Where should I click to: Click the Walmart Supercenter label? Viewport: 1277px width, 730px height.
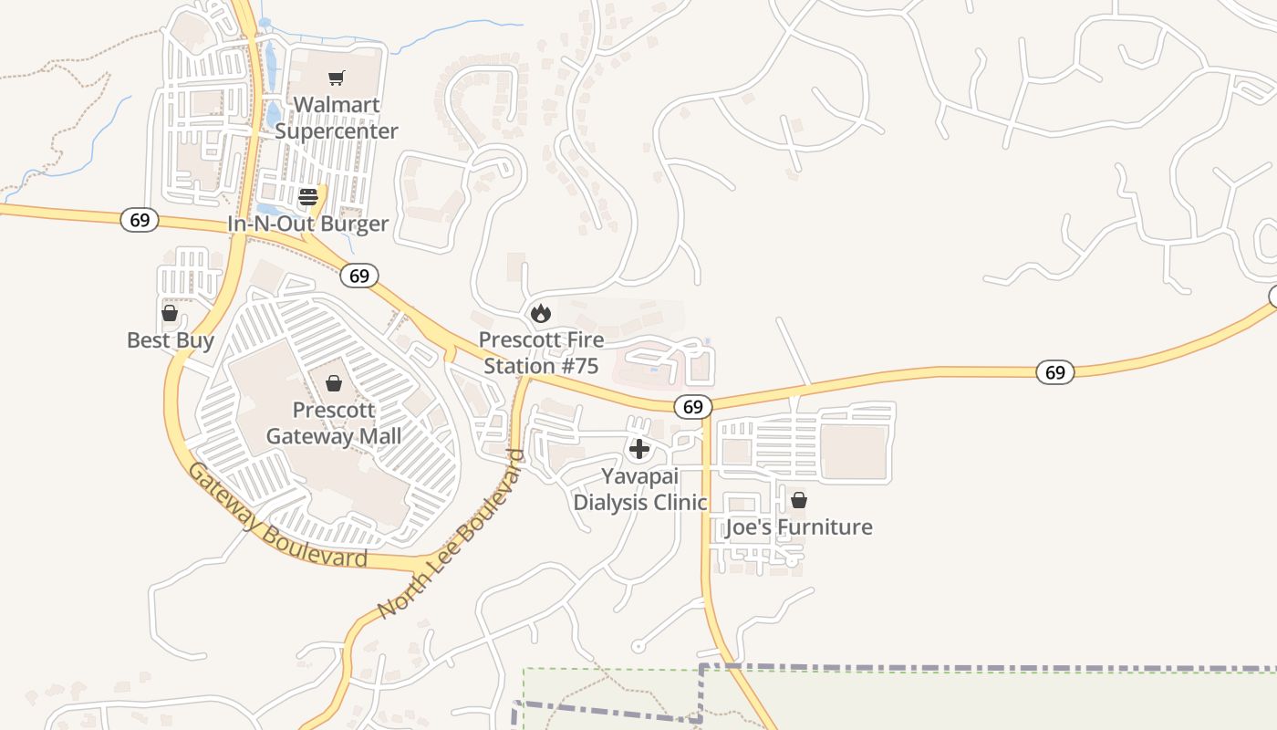click(336, 118)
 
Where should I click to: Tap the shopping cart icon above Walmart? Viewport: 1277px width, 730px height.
click(337, 78)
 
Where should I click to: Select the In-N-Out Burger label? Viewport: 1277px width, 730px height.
click(307, 224)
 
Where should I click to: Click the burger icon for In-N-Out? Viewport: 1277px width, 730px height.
click(307, 197)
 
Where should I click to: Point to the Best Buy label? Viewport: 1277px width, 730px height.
click(170, 340)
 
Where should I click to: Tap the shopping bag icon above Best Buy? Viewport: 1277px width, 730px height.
click(170, 314)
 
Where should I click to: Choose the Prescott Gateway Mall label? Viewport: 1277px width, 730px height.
click(333, 423)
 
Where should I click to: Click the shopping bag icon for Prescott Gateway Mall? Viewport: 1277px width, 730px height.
click(334, 383)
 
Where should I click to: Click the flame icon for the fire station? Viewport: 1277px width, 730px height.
click(541, 314)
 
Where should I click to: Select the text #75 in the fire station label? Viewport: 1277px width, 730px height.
click(579, 366)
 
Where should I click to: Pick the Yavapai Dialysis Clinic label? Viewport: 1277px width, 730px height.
click(639, 489)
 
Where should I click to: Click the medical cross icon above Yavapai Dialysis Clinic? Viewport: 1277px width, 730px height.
click(639, 449)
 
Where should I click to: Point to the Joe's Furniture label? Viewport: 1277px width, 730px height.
click(798, 527)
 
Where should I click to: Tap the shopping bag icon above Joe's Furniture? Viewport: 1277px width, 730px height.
click(799, 500)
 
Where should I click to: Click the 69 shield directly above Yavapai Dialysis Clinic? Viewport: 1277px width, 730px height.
click(693, 407)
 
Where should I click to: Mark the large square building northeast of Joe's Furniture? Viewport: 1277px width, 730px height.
click(855, 452)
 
